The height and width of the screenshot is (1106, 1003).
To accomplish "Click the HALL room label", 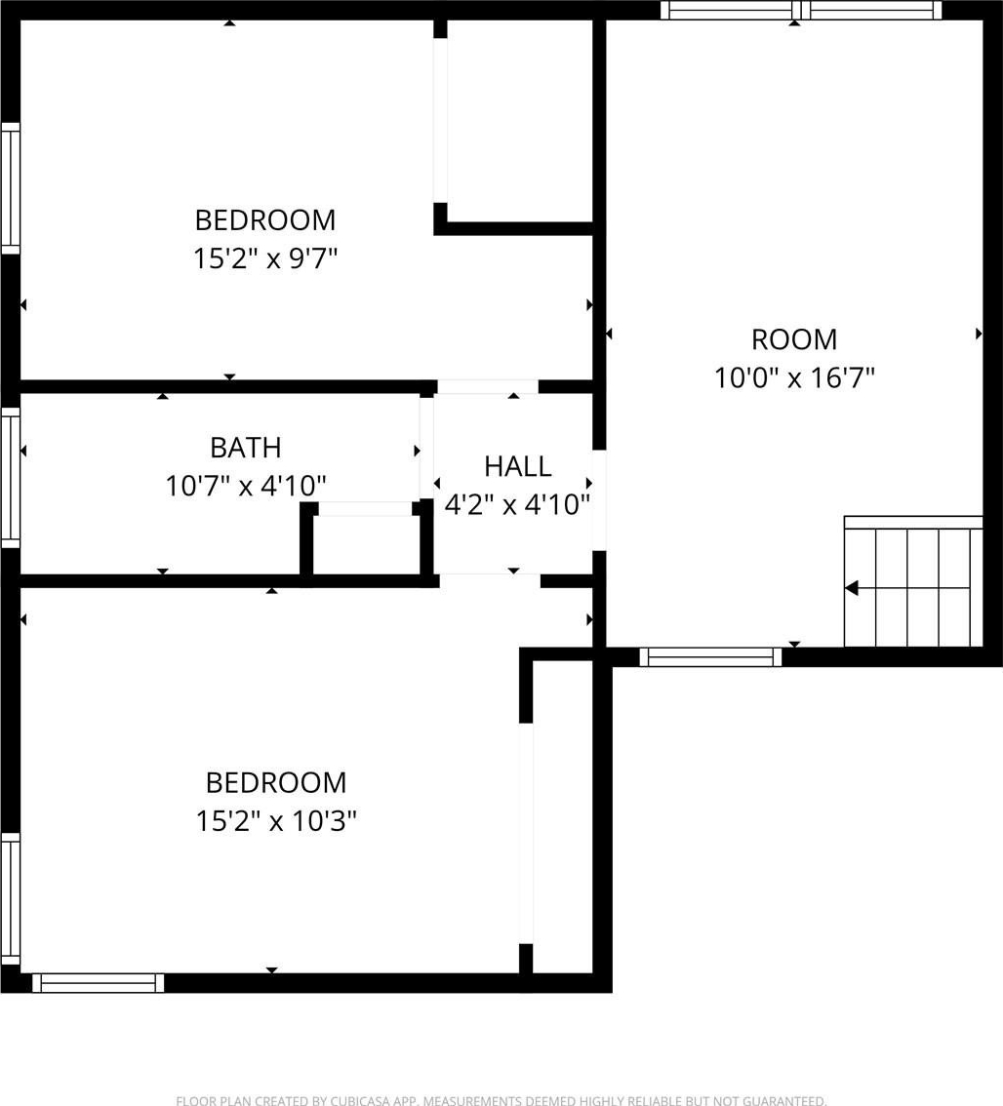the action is pyautogui.click(x=517, y=466).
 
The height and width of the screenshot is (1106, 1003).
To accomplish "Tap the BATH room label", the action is pyautogui.click(x=246, y=448).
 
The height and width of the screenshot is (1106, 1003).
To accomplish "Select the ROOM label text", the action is pyautogui.click(x=794, y=340).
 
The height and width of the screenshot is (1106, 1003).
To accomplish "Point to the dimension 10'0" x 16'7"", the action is pyautogui.click(x=794, y=378).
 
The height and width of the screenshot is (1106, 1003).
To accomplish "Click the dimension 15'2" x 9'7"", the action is pyautogui.click(x=265, y=258).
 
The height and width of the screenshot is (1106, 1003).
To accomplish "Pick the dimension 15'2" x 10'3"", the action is pyautogui.click(x=276, y=821).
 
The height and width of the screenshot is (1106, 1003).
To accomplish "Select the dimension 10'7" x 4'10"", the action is pyautogui.click(x=246, y=486).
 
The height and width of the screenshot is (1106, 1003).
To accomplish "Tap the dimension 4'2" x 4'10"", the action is pyautogui.click(x=517, y=505).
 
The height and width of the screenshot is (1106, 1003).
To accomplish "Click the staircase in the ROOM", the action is pyautogui.click(x=913, y=581).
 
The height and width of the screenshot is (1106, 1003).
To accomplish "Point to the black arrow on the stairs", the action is pyautogui.click(x=852, y=587).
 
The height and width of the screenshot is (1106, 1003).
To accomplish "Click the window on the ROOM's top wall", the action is pyautogui.click(x=801, y=10).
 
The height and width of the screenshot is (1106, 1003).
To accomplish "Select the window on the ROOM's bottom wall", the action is pyautogui.click(x=710, y=657).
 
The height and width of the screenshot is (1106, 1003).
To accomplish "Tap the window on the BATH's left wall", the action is pyautogui.click(x=11, y=478).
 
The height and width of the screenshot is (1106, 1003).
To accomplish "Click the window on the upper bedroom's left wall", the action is pyautogui.click(x=11, y=188).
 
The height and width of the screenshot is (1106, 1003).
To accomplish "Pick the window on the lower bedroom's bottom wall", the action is pyautogui.click(x=99, y=983).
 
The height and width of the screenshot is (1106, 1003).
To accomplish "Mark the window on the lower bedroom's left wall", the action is pyautogui.click(x=11, y=898).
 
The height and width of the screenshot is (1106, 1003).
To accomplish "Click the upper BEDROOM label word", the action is pyautogui.click(x=265, y=220).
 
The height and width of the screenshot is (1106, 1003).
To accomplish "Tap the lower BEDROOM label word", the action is pyautogui.click(x=276, y=783).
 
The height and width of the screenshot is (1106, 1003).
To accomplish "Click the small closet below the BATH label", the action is pyautogui.click(x=367, y=544).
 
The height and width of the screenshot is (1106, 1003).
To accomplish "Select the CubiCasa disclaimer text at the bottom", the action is pyautogui.click(x=501, y=1100).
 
